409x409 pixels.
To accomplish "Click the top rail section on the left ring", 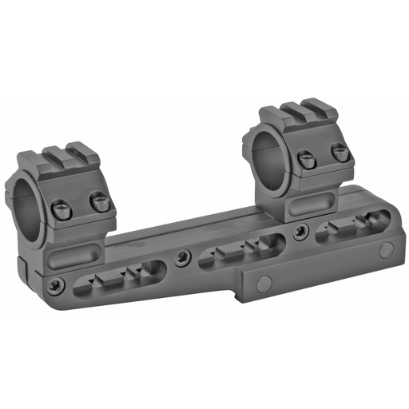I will coord(67,156).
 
